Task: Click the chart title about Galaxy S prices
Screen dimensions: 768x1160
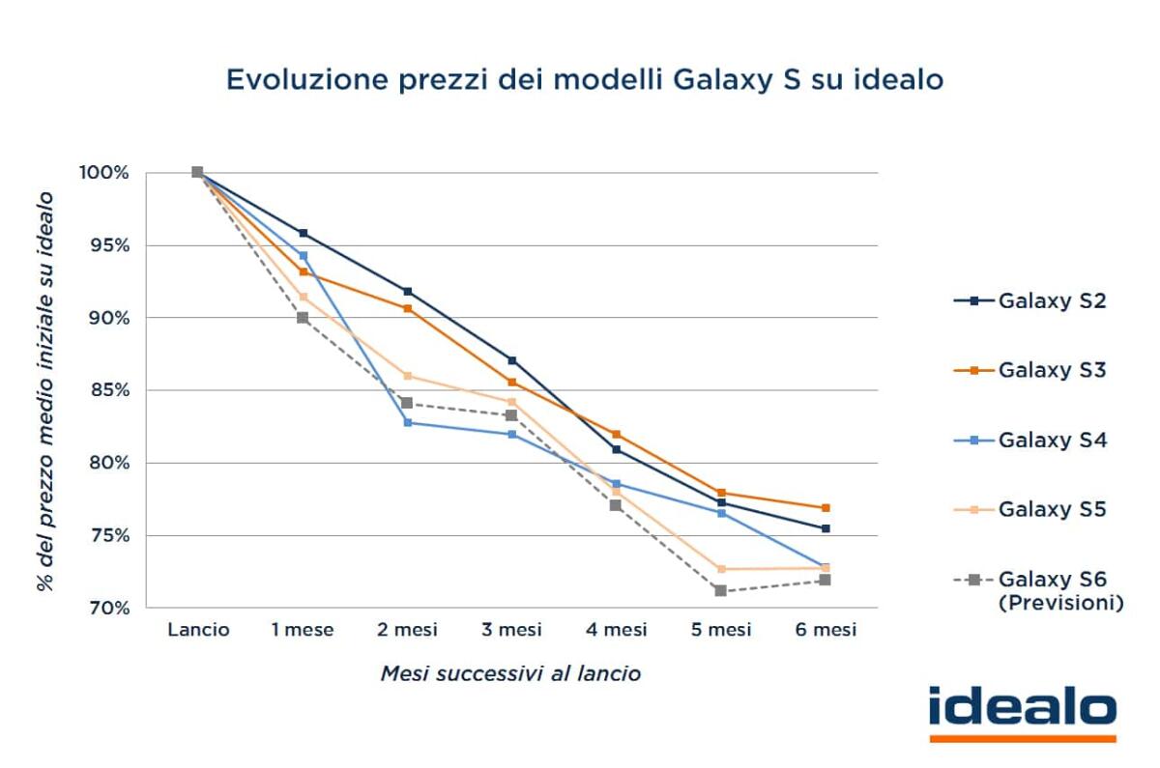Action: click(584, 79)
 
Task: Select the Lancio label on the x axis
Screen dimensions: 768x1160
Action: click(198, 630)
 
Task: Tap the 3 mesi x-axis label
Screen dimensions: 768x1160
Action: click(512, 630)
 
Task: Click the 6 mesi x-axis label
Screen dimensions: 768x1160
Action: click(826, 630)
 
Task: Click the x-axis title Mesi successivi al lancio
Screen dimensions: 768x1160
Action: click(509, 674)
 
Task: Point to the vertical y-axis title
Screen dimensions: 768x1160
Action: click(45, 390)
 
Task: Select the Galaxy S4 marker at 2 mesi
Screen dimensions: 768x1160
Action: click(408, 422)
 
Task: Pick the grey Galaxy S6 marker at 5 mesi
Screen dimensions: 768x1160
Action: click(721, 590)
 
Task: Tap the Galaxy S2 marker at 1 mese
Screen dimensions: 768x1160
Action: click(303, 233)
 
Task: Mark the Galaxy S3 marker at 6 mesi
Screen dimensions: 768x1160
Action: click(826, 507)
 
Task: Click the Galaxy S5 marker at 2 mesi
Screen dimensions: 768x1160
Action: click(408, 376)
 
